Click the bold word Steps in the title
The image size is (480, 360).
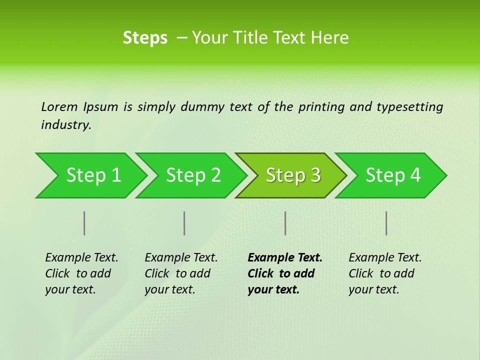(x=145, y=38)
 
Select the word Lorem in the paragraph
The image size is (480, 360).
(x=59, y=106)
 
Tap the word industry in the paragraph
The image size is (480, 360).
(x=66, y=125)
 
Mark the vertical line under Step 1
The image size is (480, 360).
(x=84, y=223)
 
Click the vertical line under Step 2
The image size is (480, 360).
(x=184, y=223)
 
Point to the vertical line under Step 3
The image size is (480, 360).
(x=285, y=223)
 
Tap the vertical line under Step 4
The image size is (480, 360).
(x=386, y=223)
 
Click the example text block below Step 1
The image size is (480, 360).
(x=81, y=273)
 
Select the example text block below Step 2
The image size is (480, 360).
(x=181, y=273)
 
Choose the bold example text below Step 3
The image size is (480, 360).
(x=285, y=273)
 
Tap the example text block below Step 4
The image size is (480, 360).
(x=385, y=273)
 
